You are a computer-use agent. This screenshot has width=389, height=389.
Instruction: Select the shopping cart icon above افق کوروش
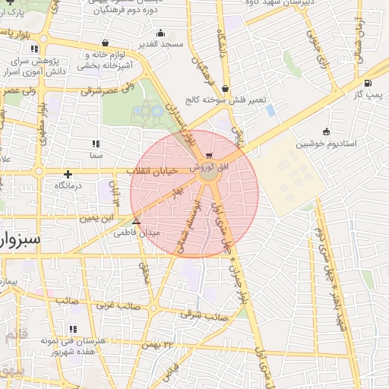point(209,156)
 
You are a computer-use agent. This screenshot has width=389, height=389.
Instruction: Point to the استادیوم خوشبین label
point(324,142)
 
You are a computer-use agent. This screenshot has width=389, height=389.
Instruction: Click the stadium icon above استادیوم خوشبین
point(326,131)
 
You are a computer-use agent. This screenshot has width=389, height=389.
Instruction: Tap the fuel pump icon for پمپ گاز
point(368,84)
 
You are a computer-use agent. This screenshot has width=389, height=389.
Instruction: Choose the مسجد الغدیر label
point(161,45)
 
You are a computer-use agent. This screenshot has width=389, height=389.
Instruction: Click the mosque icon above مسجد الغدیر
point(160,34)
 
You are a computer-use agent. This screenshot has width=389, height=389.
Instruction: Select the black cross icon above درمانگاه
point(68,174)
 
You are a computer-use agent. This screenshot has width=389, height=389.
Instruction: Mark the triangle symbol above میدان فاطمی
point(137,222)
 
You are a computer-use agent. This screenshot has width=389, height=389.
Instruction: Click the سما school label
point(95,155)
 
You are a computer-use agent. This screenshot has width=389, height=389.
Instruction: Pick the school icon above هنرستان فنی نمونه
point(74,330)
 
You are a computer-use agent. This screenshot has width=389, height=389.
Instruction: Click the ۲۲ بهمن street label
point(159,346)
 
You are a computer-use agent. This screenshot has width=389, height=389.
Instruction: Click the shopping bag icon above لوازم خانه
point(103,43)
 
